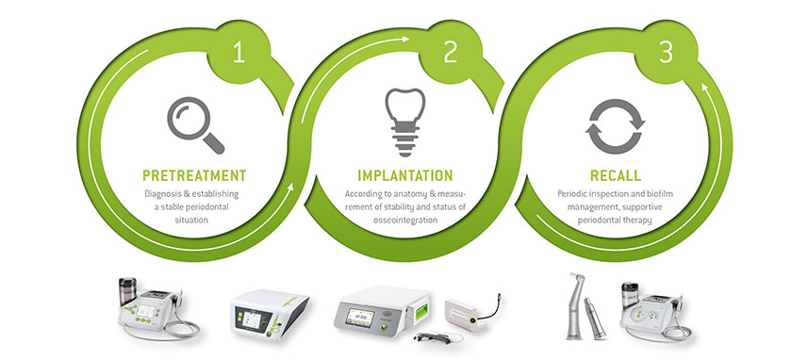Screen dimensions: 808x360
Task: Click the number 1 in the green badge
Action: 239,54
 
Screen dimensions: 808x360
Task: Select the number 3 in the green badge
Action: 666,54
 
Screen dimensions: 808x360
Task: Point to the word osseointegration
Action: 405,221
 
